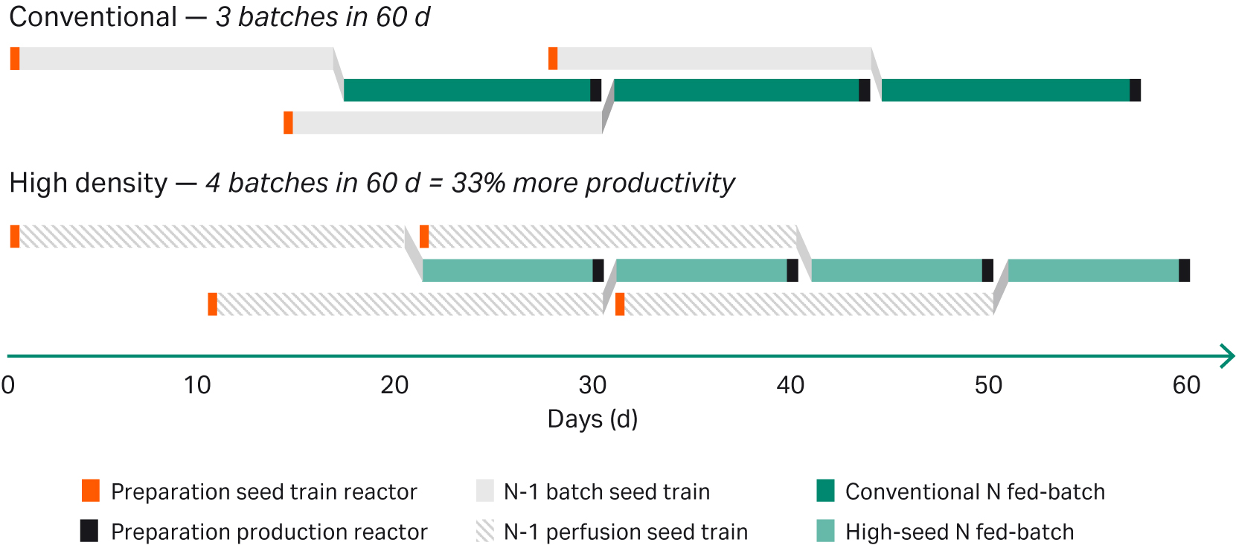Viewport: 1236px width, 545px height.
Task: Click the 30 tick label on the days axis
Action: click(x=592, y=385)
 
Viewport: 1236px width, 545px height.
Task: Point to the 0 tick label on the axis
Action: click(x=8, y=385)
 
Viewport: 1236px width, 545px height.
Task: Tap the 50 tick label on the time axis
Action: click(x=988, y=385)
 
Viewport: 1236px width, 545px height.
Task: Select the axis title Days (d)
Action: click(x=592, y=419)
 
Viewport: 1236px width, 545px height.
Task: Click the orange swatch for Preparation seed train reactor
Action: click(x=90, y=491)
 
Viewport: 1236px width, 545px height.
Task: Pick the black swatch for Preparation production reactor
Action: click(x=89, y=531)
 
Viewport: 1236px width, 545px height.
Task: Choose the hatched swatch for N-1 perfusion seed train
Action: click(x=484, y=531)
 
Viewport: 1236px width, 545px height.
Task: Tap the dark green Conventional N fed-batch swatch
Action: click(x=825, y=491)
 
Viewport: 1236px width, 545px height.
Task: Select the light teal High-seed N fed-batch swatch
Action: click(x=825, y=531)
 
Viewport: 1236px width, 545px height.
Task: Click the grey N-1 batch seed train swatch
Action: click(x=484, y=491)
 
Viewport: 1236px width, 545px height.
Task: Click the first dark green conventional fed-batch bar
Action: click(x=467, y=90)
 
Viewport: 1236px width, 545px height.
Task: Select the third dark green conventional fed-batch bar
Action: click(x=1005, y=90)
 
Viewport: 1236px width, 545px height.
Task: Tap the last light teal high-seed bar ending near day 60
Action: click(x=1093, y=271)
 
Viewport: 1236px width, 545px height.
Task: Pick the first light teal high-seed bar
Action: click(x=507, y=271)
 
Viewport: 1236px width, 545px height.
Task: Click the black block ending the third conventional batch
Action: click(x=1135, y=90)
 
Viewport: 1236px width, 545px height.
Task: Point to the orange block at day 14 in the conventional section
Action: click(x=288, y=123)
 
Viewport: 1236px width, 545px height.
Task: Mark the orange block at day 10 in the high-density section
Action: click(x=212, y=304)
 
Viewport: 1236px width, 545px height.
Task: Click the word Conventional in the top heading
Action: click(x=93, y=17)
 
